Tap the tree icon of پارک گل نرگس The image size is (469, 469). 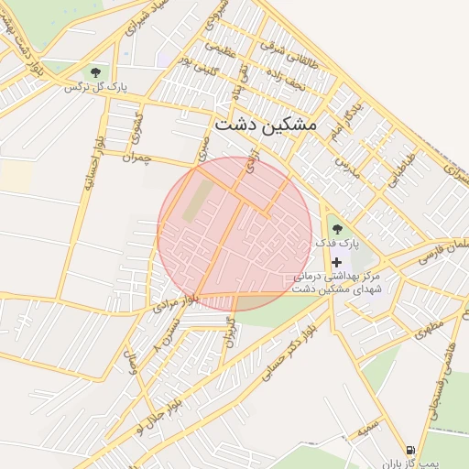(x=94, y=71)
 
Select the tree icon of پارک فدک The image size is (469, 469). (x=336, y=228)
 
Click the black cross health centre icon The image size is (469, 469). (x=336, y=262)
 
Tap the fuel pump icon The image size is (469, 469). (x=409, y=450)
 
